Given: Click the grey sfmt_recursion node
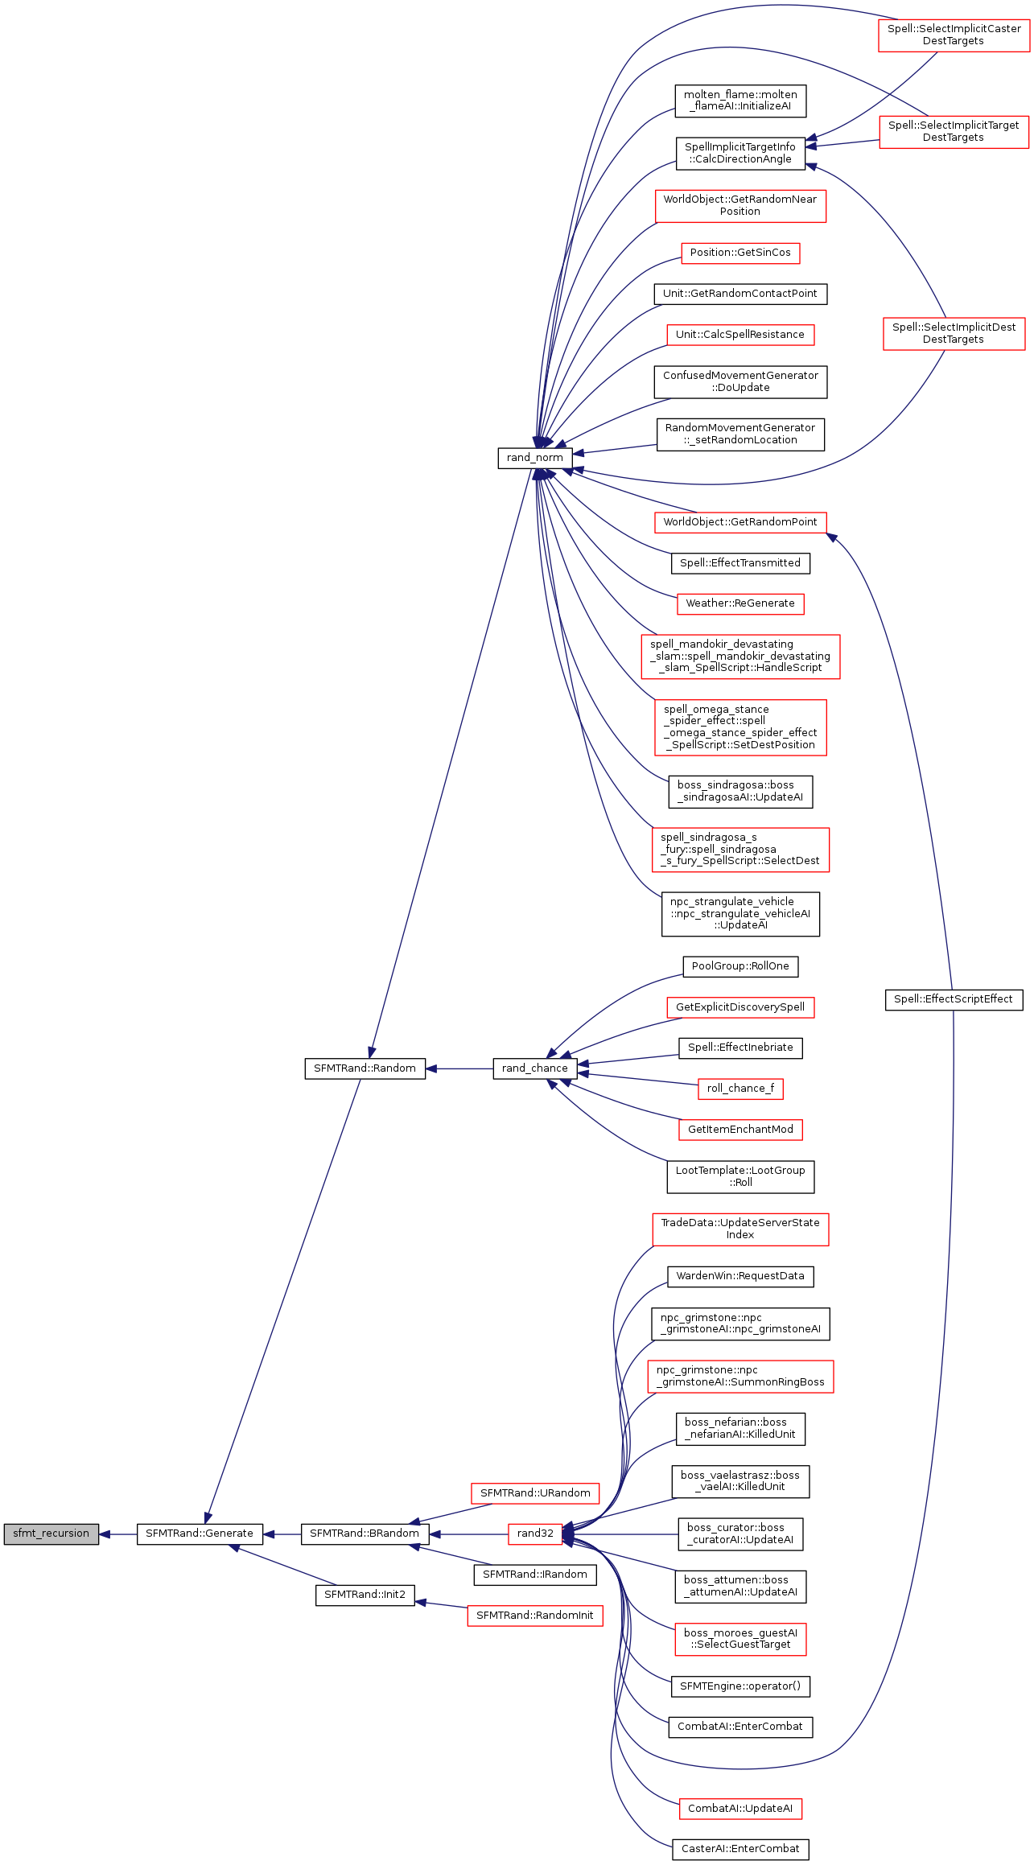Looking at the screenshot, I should coord(51,1534).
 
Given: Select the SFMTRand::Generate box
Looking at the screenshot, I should coord(200,1534).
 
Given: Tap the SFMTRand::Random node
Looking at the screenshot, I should coord(365,1068).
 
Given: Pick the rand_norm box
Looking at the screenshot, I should coord(534,458).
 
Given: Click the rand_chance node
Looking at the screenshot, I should coord(534,1068).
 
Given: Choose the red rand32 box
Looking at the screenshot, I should coord(535,1534).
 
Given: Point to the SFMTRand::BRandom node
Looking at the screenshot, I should coord(365,1534).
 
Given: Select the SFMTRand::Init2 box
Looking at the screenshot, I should coord(365,1595).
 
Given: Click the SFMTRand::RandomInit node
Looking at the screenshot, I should coord(534,1616).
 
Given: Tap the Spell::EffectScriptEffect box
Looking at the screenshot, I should coord(953,999).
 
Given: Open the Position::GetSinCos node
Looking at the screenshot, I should coord(740,253).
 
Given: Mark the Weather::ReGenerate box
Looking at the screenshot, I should coord(740,603).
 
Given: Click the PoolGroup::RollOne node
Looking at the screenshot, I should coord(740,966).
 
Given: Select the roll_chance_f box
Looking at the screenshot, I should coord(740,1089).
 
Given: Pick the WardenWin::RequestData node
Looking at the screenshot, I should coord(740,1276).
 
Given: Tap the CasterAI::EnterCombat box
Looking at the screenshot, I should coord(740,1849).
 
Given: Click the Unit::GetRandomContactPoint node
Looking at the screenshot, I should coord(740,294).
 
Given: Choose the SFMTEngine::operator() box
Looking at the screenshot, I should coord(740,1686).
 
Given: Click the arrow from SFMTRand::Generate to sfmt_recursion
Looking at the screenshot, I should coord(118,1534).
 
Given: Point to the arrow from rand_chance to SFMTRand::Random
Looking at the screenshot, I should coord(459,1068).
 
